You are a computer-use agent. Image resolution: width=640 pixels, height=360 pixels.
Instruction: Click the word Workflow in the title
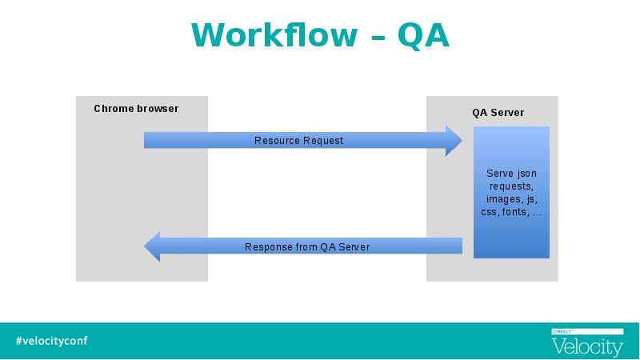click(274, 35)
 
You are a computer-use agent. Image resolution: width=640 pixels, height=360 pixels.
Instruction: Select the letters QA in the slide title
click(423, 36)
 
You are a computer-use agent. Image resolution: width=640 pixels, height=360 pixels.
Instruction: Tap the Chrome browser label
click(136, 109)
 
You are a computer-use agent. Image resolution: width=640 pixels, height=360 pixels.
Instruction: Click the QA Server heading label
click(498, 113)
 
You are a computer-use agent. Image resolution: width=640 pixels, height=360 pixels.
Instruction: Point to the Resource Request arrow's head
click(462, 141)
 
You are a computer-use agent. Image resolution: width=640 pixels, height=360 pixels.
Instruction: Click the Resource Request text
click(298, 141)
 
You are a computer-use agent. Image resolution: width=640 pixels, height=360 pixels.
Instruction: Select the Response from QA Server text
click(307, 247)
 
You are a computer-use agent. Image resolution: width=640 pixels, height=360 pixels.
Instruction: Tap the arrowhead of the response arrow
click(146, 246)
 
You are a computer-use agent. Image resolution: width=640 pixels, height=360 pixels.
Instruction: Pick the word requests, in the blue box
click(511, 186)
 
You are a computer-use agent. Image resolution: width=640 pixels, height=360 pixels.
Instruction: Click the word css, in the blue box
click(490, 212)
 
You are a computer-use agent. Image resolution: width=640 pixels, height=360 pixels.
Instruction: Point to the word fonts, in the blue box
click(516, 212)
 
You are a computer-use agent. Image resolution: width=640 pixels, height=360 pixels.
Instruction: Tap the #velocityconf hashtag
click(52, 341)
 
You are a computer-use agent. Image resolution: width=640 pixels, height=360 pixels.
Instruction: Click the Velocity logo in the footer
click(587, 347)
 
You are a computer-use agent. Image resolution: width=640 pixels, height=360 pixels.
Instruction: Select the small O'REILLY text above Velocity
click(563, 331)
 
